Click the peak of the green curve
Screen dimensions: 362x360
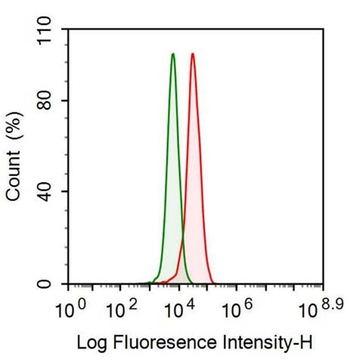point(173,54)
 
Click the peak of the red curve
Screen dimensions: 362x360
point(193,54)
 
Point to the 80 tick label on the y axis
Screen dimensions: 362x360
point(51,101)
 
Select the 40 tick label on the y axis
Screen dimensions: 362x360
point(51,192)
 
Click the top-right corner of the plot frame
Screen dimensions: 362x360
point(323,29)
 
